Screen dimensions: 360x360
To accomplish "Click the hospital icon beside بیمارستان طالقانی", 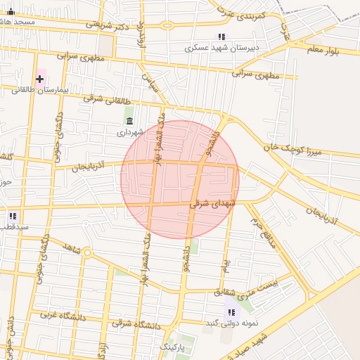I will click(x=39, y=79).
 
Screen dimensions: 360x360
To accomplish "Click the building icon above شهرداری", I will click(x=129, y=122).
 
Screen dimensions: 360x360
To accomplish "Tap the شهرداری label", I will click(x=130, y=132).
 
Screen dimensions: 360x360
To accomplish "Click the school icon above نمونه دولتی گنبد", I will click(x=231, y=311).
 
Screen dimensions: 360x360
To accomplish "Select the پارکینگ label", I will click(x=173, y=347).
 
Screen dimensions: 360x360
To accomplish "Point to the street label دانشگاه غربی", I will click(x=63, y=316).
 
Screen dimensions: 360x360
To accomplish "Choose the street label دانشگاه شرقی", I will click(x=136, y=324).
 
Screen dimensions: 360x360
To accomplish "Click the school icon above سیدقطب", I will click(x=13, y=216).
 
